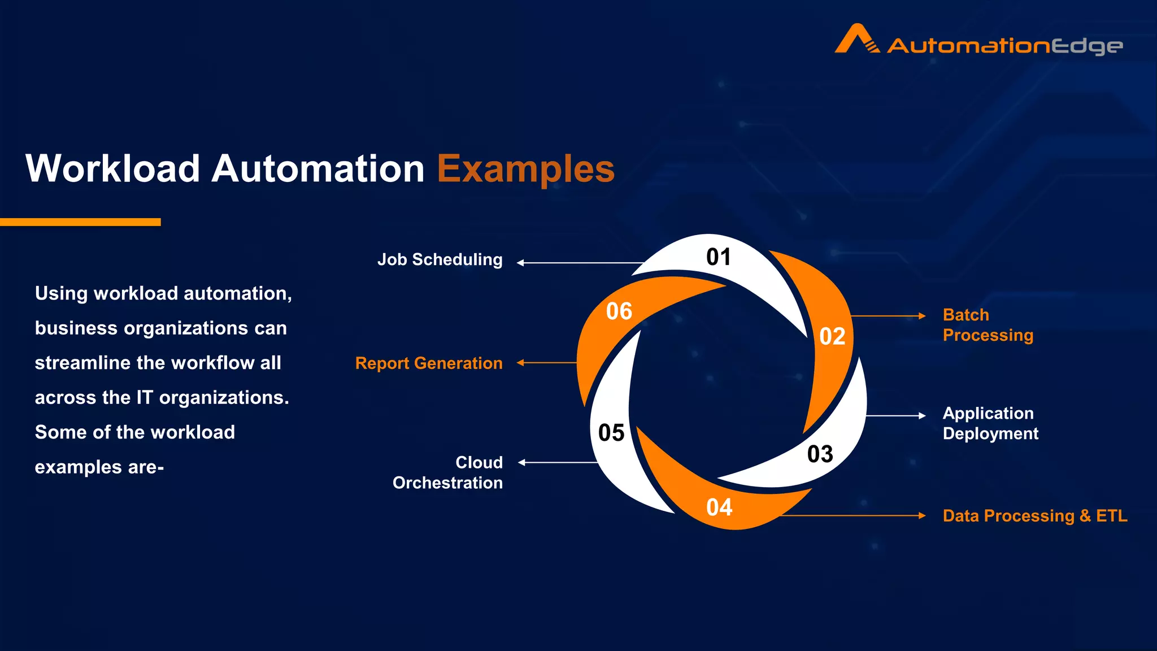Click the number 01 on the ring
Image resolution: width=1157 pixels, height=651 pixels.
tap(719, 257)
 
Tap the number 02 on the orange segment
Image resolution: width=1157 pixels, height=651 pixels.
tap(832, 337)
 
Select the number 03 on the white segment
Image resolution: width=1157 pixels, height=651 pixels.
tap(820, 454)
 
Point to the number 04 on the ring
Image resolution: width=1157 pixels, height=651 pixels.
tap(719, 507)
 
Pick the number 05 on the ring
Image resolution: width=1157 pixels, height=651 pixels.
tap(611, 433)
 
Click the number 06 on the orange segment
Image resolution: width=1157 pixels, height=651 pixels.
tap(619, 311)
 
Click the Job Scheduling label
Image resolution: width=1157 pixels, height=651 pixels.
tap(440, 260)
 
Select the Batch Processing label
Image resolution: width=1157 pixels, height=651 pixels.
tap(988, 325)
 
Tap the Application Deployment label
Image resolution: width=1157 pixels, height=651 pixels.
tap(990, 423)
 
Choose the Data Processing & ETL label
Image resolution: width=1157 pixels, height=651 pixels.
tap(1034, 516)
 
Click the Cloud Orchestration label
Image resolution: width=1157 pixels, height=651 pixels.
tap(447, 472)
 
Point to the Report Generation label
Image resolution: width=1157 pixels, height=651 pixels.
tap(429, 363)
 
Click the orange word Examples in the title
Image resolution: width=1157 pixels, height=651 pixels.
tap(525, 169)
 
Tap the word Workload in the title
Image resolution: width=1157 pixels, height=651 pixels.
tap(113, 169)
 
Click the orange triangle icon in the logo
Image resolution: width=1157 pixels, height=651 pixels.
tap(856, 39)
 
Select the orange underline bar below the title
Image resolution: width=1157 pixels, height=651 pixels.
tap(80, 222)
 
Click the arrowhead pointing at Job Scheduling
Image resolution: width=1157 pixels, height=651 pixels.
tap(520, 263)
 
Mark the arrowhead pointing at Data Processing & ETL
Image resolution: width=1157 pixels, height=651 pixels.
tap(922, 515)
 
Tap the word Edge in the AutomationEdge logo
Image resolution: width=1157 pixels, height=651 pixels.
tap(1086, 46)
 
